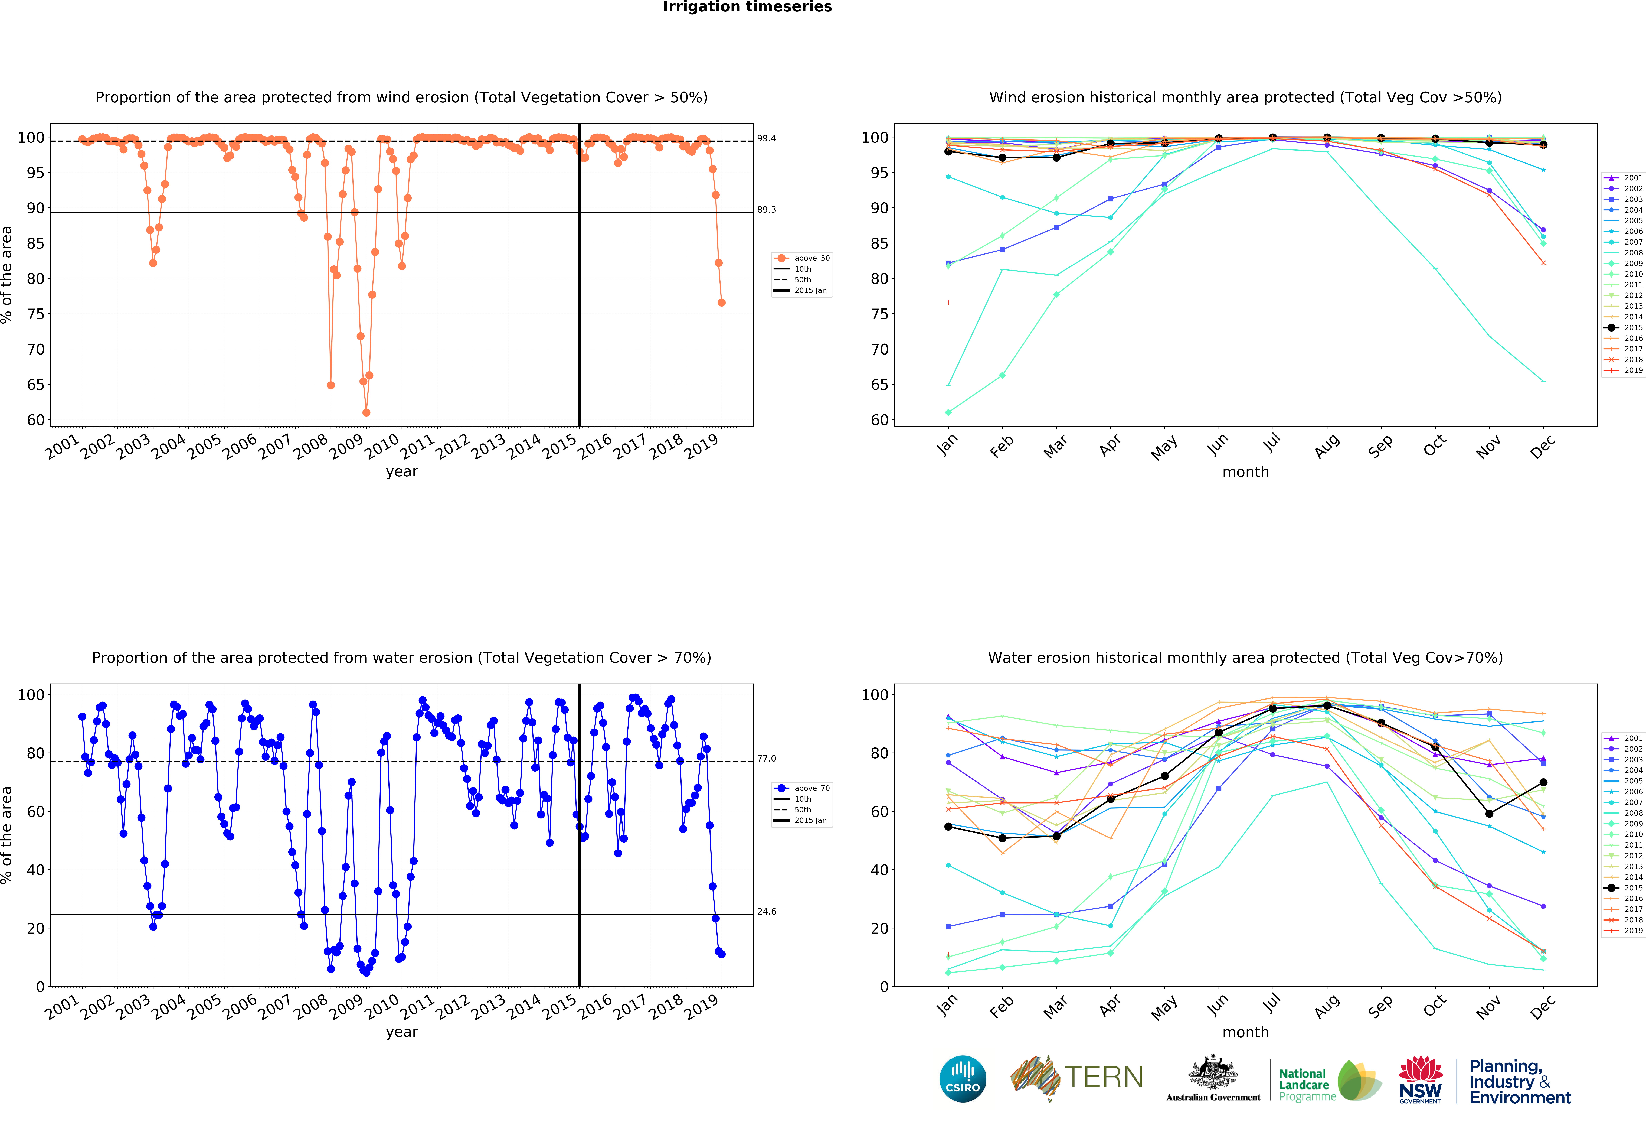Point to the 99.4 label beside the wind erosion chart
766,138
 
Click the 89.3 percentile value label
766,210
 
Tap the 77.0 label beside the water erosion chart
766,759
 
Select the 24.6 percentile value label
766,912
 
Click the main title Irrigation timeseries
747,7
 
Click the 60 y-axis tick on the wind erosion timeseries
35,420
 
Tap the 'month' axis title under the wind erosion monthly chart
1245,472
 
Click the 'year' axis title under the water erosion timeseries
402,1032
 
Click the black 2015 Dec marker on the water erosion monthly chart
1543,783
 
